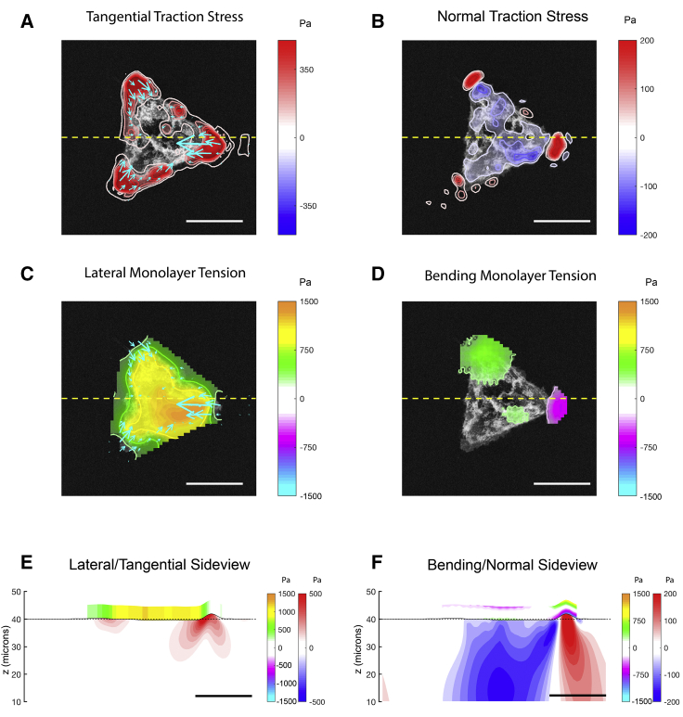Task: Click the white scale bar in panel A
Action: [x=213, y=221]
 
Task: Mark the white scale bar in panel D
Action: [x=561, y=482]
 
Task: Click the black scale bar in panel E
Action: [x=224, y=695]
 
